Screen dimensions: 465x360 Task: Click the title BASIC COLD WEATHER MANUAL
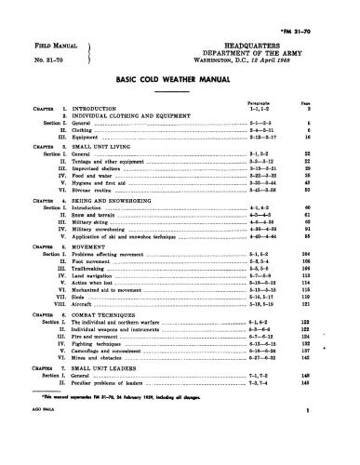[180, 81]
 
